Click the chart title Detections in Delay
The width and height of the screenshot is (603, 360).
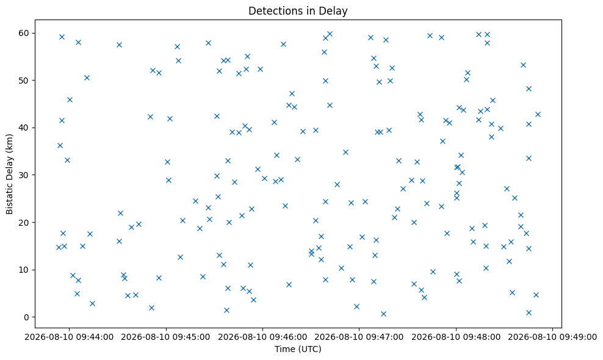[298, 11]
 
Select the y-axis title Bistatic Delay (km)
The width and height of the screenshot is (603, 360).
[10, 175]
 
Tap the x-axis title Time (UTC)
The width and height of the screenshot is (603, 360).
[298, 349]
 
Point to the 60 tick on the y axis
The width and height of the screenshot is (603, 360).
[24, 33]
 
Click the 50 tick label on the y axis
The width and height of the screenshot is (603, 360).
[24, 81]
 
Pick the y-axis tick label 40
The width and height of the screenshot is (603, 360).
[24, 128]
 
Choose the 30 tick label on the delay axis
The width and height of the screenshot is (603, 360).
[24, 175]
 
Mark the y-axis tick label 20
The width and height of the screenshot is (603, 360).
[24, 222]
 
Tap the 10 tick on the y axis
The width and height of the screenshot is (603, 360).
[24, 270]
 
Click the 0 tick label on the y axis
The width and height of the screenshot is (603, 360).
[27, 317]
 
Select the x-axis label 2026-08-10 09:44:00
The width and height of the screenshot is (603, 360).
[69, 337]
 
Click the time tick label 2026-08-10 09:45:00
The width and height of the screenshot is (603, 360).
[166, 337]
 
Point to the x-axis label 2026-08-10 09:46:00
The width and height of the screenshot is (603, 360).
[262, 337]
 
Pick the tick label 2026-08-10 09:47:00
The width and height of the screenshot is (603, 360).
[359, 337]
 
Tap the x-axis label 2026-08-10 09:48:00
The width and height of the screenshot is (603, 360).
[456, 337]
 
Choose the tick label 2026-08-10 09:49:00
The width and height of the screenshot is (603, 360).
[552, 337]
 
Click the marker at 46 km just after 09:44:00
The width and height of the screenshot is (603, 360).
[70, 99]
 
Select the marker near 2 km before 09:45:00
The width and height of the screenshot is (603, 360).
[151, 308]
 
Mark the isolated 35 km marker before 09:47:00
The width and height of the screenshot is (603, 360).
[345, 153]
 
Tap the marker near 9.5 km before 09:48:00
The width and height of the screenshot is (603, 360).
[433, 272]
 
